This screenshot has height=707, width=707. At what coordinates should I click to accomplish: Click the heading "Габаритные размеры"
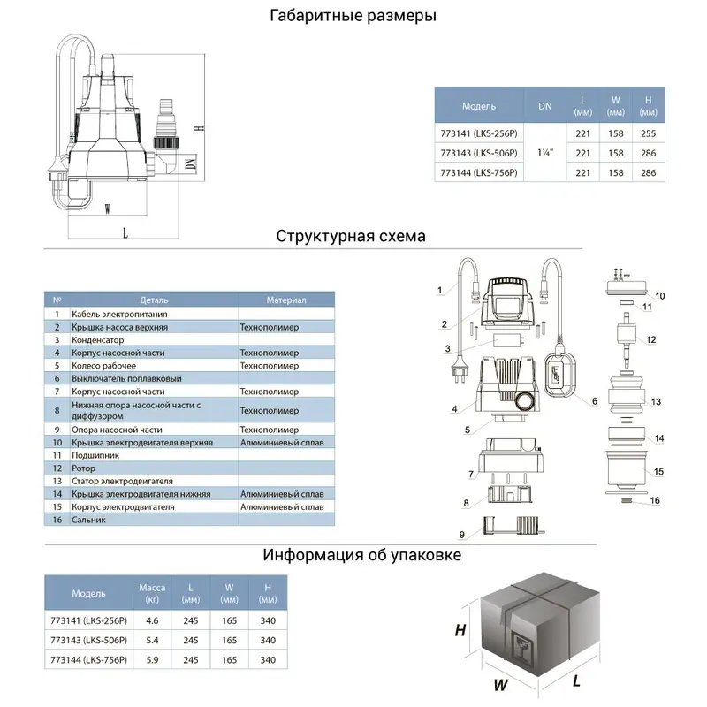pos(353,17)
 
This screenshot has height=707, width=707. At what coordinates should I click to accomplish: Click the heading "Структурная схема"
pos(351,237)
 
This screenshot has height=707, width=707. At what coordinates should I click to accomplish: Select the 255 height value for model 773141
pos(648,133)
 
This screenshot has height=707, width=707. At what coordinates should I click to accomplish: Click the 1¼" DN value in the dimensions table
pos(544,152)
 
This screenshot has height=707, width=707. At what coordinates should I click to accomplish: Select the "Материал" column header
pos(285,300)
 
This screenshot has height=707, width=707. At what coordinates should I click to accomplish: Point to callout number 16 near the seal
pos(655,501)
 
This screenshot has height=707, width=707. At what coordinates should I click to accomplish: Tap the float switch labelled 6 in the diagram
pos(563,375)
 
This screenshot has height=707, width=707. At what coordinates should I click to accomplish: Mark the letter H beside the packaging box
pos(460,630)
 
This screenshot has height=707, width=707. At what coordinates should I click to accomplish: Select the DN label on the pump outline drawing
pos(190,163)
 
